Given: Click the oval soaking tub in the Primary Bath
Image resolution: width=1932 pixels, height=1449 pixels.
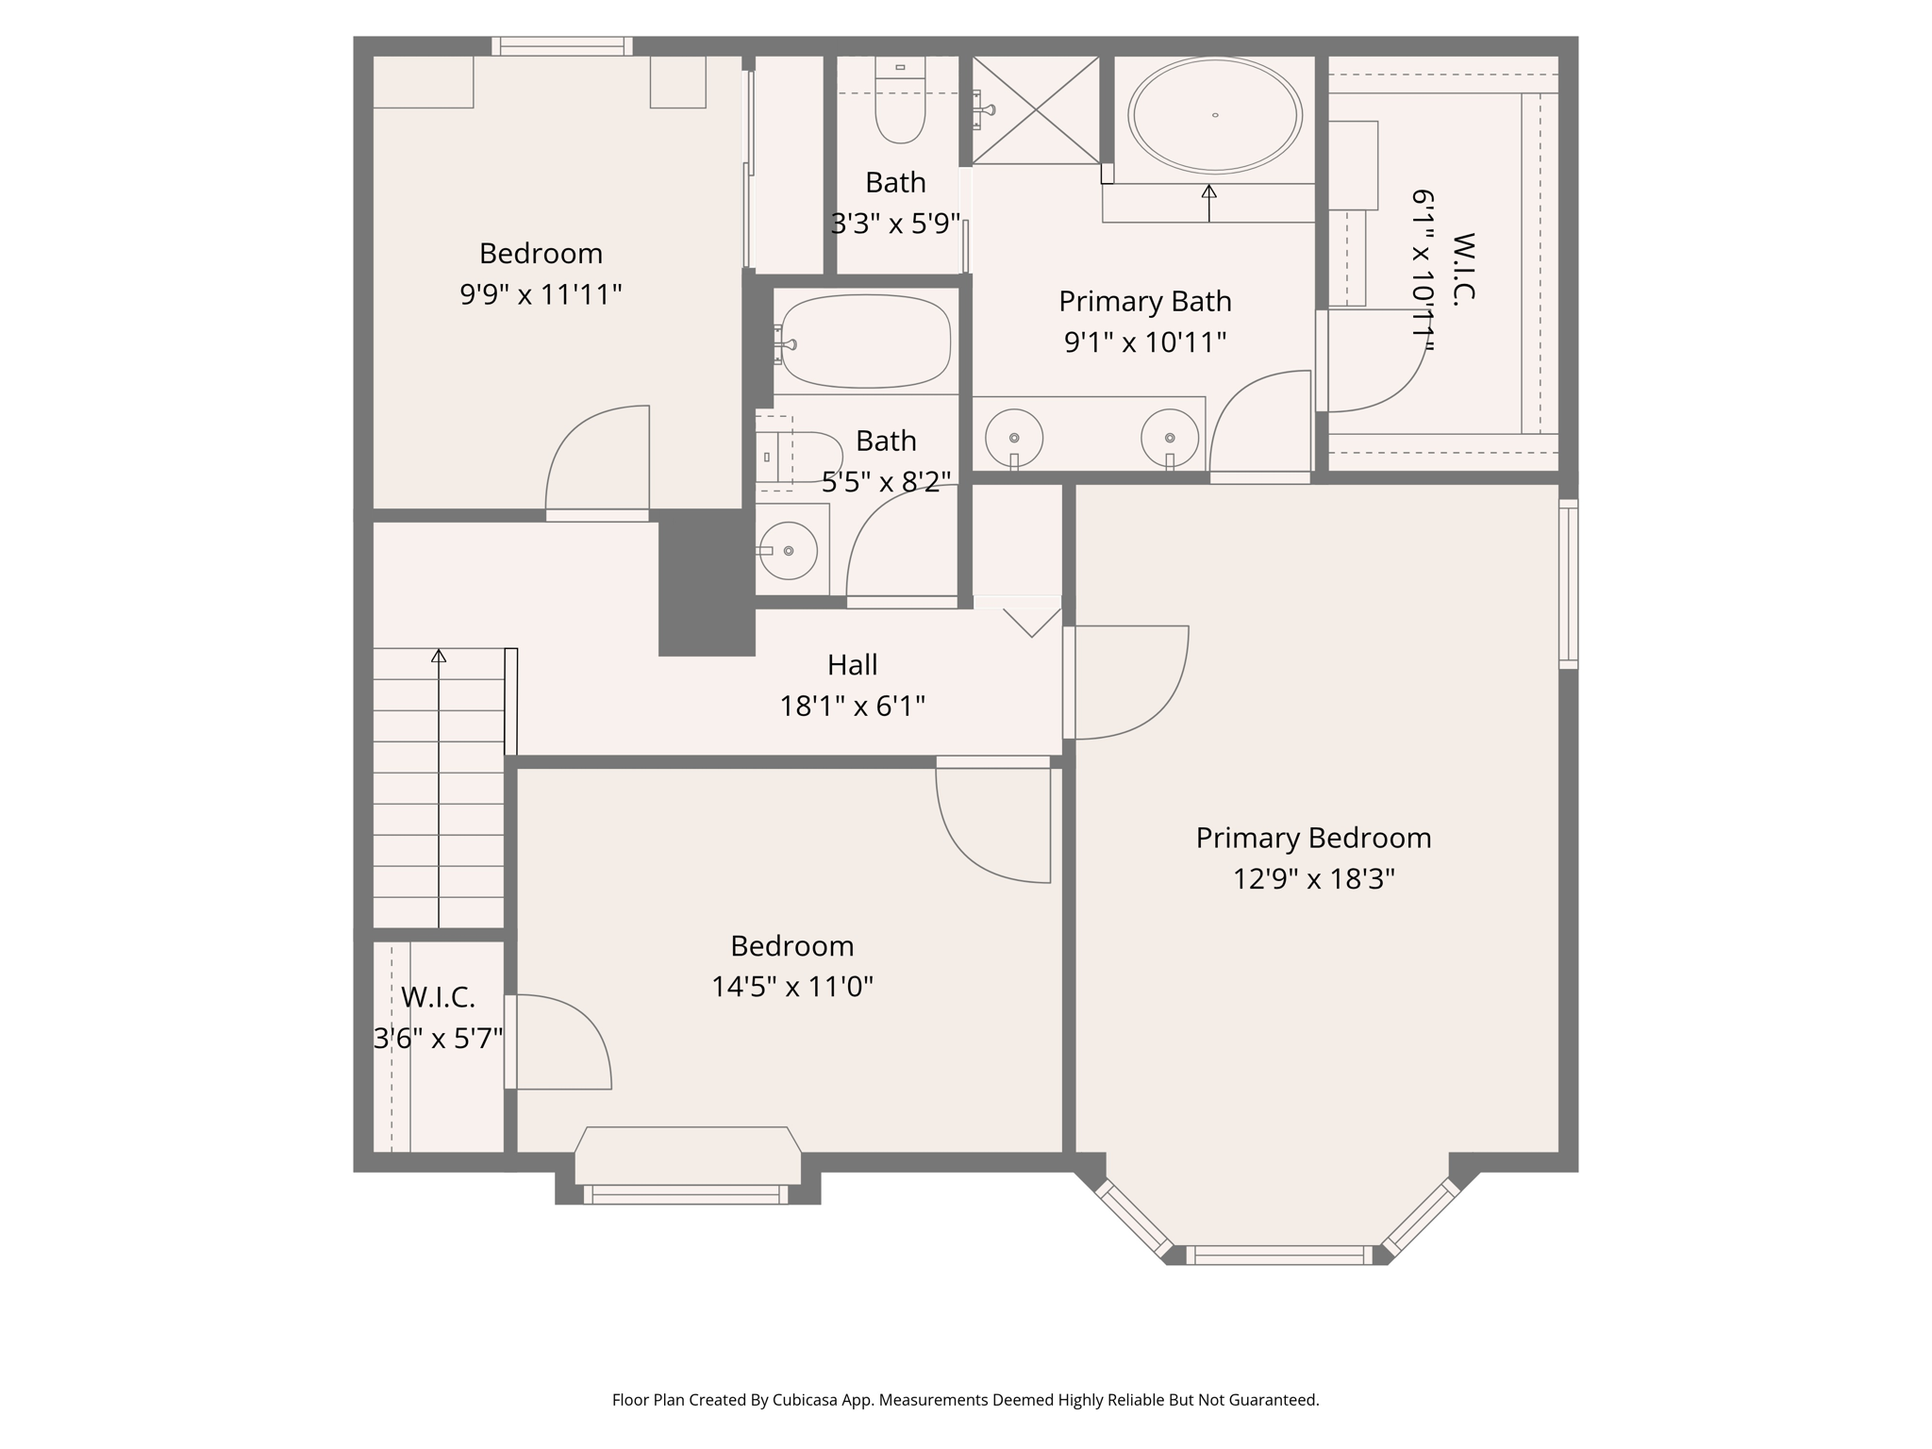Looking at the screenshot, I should (x=1214, y=115).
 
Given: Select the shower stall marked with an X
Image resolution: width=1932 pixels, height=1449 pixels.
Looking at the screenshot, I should (x=1035, y=109).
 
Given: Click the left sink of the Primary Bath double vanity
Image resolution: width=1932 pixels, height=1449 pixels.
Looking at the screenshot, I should (x=1013, y=438).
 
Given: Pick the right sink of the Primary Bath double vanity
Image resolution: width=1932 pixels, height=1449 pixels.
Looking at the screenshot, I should (x=1169, y=438).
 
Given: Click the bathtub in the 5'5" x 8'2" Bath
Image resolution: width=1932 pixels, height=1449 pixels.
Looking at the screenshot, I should (x=865, y=341).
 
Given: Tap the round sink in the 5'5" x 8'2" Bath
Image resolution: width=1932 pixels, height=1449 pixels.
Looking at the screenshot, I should (x=788, y=550).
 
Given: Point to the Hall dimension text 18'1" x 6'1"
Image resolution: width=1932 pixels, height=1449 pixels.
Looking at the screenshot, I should (x=852, y=706).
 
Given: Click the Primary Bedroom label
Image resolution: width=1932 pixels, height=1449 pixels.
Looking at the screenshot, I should (x=1313, y=838).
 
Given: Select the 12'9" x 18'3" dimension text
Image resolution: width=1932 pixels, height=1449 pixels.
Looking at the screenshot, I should (x=1313, y=879).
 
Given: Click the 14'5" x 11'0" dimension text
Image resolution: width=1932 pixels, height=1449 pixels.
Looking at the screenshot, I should (x=791, y=987).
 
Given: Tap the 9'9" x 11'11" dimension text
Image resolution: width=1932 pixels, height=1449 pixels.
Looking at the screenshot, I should (x=541, y=294).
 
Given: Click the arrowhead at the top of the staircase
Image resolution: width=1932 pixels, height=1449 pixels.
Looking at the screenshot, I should (x=439, y=655).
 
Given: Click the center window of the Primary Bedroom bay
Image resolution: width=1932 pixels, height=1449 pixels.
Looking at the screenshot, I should (x=1278, y=1255).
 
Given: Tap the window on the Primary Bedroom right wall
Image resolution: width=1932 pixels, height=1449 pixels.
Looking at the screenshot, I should (x=1568, y=584).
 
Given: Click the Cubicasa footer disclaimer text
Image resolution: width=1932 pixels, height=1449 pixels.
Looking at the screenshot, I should (x=965, y=1400).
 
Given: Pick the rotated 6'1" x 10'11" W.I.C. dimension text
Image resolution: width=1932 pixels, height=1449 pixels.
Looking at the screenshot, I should (x=1422, y=271).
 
